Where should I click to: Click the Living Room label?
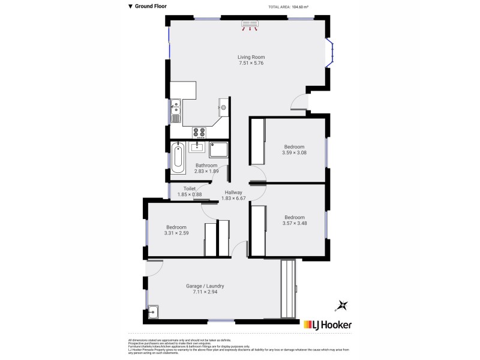point(251,57)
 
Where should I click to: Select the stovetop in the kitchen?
point(199,132)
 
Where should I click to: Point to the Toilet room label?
point(190,188)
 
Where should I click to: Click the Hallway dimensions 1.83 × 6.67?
point(233,199)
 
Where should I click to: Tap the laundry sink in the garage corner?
point(153,311)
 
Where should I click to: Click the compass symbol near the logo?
point(342,305)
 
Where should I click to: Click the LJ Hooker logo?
point(328,325)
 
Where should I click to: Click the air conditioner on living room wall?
point(250,25)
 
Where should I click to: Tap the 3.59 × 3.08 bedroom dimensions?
point(294,153)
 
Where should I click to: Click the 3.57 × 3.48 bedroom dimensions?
point(294,224)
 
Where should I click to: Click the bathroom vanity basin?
point(199,146)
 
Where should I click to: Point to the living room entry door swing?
point(298,104)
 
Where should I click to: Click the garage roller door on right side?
point(289,288)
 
